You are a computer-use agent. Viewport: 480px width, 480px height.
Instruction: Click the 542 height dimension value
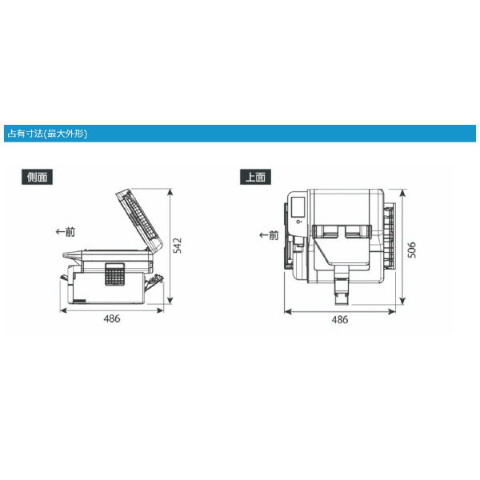pos(178,246)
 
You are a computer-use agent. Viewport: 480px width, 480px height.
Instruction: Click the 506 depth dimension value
pos(412,250)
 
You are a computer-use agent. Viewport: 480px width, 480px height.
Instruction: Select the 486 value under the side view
pos(112,318)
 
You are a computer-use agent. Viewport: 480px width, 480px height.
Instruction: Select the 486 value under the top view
pos(340,319)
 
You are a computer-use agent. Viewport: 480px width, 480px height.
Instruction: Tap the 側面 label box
pos(37,177)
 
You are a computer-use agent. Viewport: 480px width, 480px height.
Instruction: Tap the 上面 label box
pos(255,177)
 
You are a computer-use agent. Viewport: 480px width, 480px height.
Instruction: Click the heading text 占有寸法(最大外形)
pos(47,134)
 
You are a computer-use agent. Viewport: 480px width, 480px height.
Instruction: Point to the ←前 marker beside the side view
pos(66,232)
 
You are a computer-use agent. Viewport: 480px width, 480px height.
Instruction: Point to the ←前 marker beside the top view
pos(269,235)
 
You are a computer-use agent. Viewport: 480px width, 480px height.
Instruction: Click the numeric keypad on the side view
pos(115,274)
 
